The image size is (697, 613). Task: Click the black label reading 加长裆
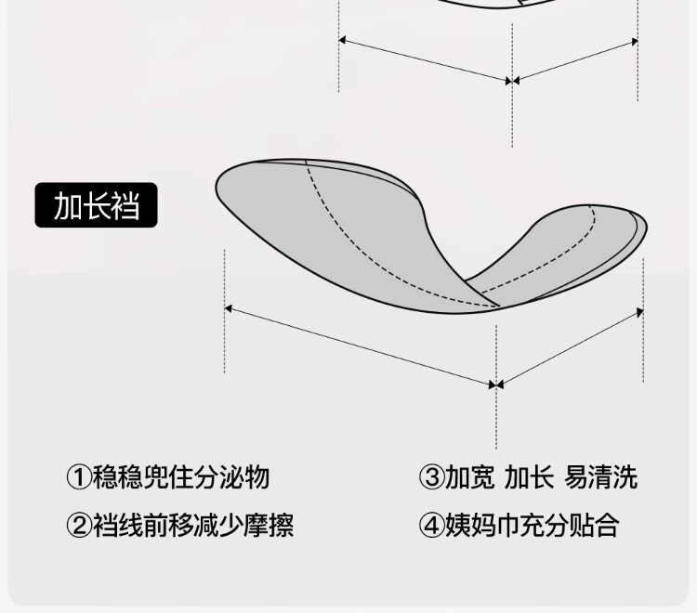tap(96, 205)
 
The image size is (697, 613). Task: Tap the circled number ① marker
tap(79, 477)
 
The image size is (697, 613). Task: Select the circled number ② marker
tap(79, 525)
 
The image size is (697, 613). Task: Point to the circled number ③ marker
tap(431, 477)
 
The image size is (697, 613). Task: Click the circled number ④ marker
tap(431, 525)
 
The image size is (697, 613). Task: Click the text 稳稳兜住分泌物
tap(181, 477)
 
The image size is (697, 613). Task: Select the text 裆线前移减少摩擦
tap(193, 525)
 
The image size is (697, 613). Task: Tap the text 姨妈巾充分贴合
tap(533, 525)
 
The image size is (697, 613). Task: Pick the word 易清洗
tap(600, 477)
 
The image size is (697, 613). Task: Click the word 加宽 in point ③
tap(470, 477)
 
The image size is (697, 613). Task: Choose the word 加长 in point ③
tap(530, 477)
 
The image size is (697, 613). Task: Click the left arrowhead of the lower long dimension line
tap(228, 308)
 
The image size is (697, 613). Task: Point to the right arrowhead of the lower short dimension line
tap(640, 312)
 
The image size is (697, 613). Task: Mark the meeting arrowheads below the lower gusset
tap(496, 385)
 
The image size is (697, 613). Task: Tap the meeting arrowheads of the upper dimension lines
tap(512, 81)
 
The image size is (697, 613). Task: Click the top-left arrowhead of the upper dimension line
tap(342, 41)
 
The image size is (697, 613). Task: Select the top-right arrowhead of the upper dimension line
tap(636, 42)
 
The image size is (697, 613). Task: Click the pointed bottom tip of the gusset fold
tap(499, 306)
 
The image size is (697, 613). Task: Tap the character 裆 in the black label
tap(125, 205)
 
